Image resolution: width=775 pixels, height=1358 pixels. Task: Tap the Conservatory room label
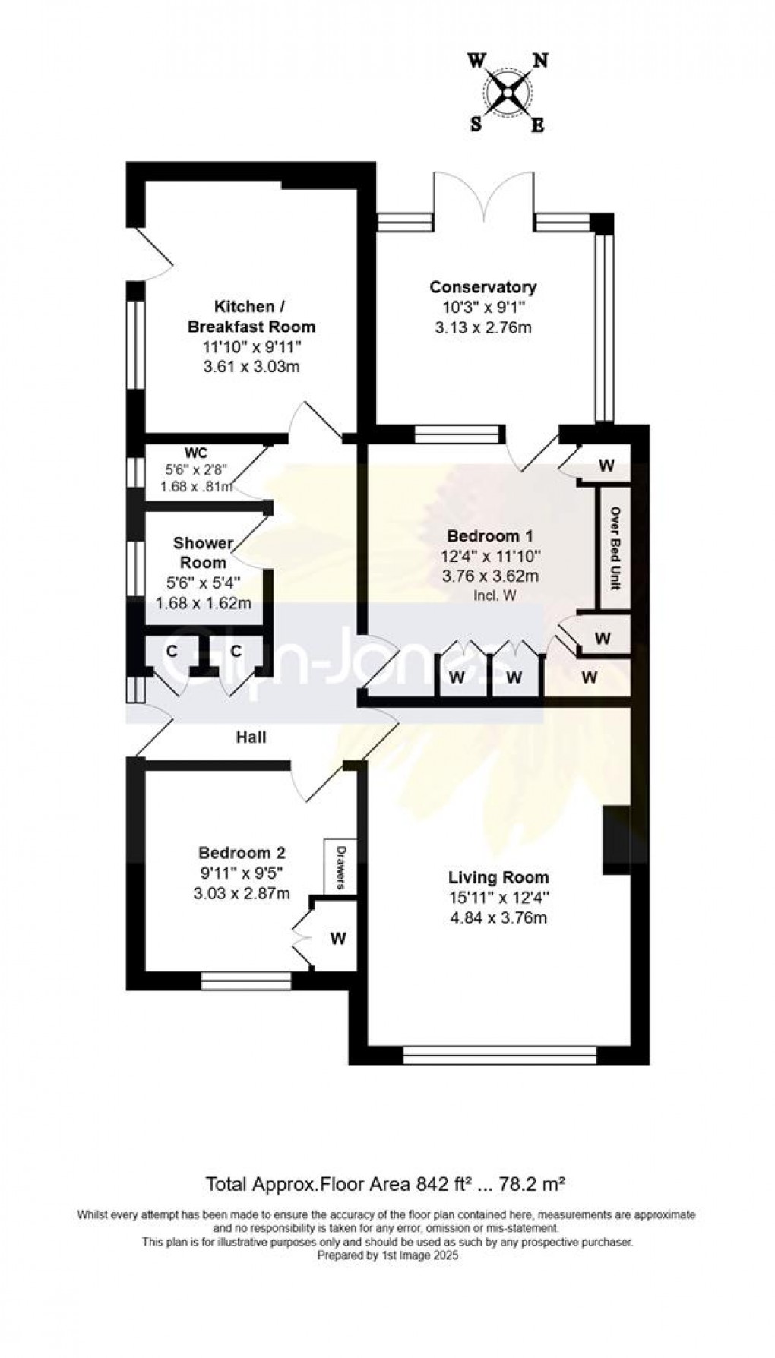tap(483, 287)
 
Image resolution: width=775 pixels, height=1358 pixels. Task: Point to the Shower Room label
tap(203, 553)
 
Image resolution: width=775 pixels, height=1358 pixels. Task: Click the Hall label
tap(251, 737)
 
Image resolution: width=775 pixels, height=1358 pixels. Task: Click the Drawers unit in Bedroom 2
tap(340, 867)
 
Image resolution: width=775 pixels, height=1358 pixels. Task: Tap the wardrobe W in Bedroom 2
tap(338, 939)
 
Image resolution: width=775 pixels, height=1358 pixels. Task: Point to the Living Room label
tap(498, 878)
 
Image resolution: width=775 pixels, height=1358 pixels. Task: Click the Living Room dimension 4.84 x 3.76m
tap(498, 917)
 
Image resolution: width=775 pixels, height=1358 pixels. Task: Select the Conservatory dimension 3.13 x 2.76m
tap(483, 327)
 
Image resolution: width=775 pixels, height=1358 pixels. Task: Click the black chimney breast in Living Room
tap(616, 841)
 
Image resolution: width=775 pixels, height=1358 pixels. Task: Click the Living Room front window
tap(500, 1054)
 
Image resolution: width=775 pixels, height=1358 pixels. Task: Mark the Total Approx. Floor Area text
tap(387, 1183)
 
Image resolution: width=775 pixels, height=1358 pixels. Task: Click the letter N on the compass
tap(541, 62)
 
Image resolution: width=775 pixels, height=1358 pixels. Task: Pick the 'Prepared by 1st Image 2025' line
tap(387, 1255)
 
